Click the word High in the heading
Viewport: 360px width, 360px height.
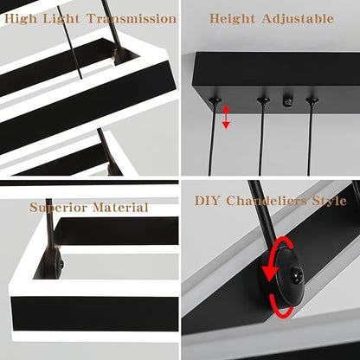coord(21,19)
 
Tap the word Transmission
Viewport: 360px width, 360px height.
coord(132,19)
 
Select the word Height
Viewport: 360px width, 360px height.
coord(232,19)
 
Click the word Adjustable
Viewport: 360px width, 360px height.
coord(298,19)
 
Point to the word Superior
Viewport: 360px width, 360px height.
coord(58,208)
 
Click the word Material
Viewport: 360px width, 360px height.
coord(120,207)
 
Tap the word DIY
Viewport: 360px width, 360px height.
coord(207,201)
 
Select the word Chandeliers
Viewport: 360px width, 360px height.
coord(267,201)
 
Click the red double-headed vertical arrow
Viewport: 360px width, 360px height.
coord(226,117)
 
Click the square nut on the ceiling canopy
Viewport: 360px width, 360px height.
coord(287,101)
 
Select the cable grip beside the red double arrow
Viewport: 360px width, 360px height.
coord(215,101)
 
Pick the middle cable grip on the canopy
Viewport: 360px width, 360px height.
coord(263,100)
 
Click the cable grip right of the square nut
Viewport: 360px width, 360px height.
coord(312,100)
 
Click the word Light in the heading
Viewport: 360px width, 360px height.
coord(61,19)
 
